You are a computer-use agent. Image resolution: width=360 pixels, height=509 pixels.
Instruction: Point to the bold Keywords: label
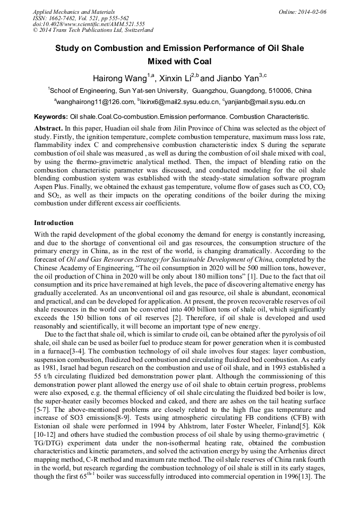pos(51,116)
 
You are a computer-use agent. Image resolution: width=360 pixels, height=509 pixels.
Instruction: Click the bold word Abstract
pos(48,128)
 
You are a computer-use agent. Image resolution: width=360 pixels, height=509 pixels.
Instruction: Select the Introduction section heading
pos(54,222)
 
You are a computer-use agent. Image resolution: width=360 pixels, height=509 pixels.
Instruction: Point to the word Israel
pos(73,361)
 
